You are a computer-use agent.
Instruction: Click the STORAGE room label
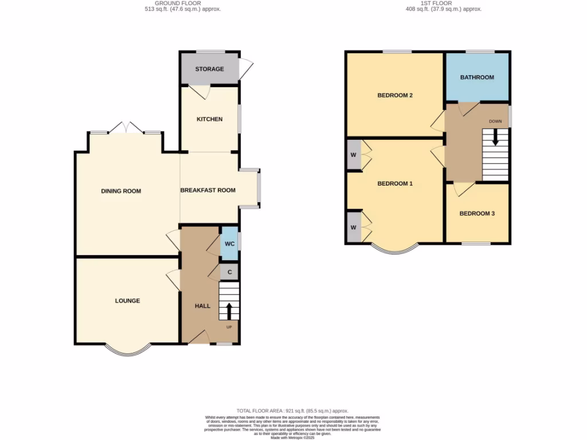pos(209,69)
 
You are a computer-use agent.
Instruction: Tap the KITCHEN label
pos(209,119)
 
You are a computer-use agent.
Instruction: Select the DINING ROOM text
pos(121,191)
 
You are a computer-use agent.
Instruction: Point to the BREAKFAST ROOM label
pos(208,190)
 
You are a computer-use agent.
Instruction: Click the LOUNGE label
pos(127,301)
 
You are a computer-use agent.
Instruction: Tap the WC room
pos(229,243)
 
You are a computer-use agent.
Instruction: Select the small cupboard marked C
pos(229,272)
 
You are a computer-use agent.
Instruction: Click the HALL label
pos(202,307)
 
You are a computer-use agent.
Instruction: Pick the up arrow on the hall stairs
pos(229,311)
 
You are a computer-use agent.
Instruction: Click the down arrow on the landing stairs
pos(495,139)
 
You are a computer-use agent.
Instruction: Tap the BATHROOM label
pos(477,77)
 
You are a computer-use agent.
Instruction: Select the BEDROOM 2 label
pos(395,96)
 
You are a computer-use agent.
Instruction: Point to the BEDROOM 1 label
pos(395,184)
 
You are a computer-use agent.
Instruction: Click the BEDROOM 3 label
pos(477,214)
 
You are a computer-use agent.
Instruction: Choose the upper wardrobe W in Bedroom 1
pos(353,155)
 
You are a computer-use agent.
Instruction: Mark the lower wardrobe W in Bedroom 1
pos(353,227)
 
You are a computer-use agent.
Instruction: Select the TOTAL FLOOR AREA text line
pos(293,411)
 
